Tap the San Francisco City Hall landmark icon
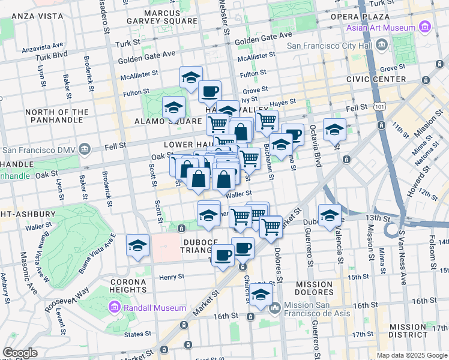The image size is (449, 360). [x=382, y=44]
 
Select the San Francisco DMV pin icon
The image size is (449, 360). [x=85, y=149]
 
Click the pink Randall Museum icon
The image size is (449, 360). [x=113, y=308]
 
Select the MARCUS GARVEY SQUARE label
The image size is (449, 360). [x=162, y=16]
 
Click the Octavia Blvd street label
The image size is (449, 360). [x=313, y=146]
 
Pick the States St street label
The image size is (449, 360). [x=138, y=334]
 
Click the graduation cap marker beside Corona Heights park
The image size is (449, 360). [x=137, y=246]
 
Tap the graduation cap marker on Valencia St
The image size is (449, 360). [x=330, y=215]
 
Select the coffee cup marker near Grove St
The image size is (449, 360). [x=209, y=92]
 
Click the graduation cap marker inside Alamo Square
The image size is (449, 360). [x=173, y=107]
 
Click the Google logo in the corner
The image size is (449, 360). [x=20, y=353]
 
